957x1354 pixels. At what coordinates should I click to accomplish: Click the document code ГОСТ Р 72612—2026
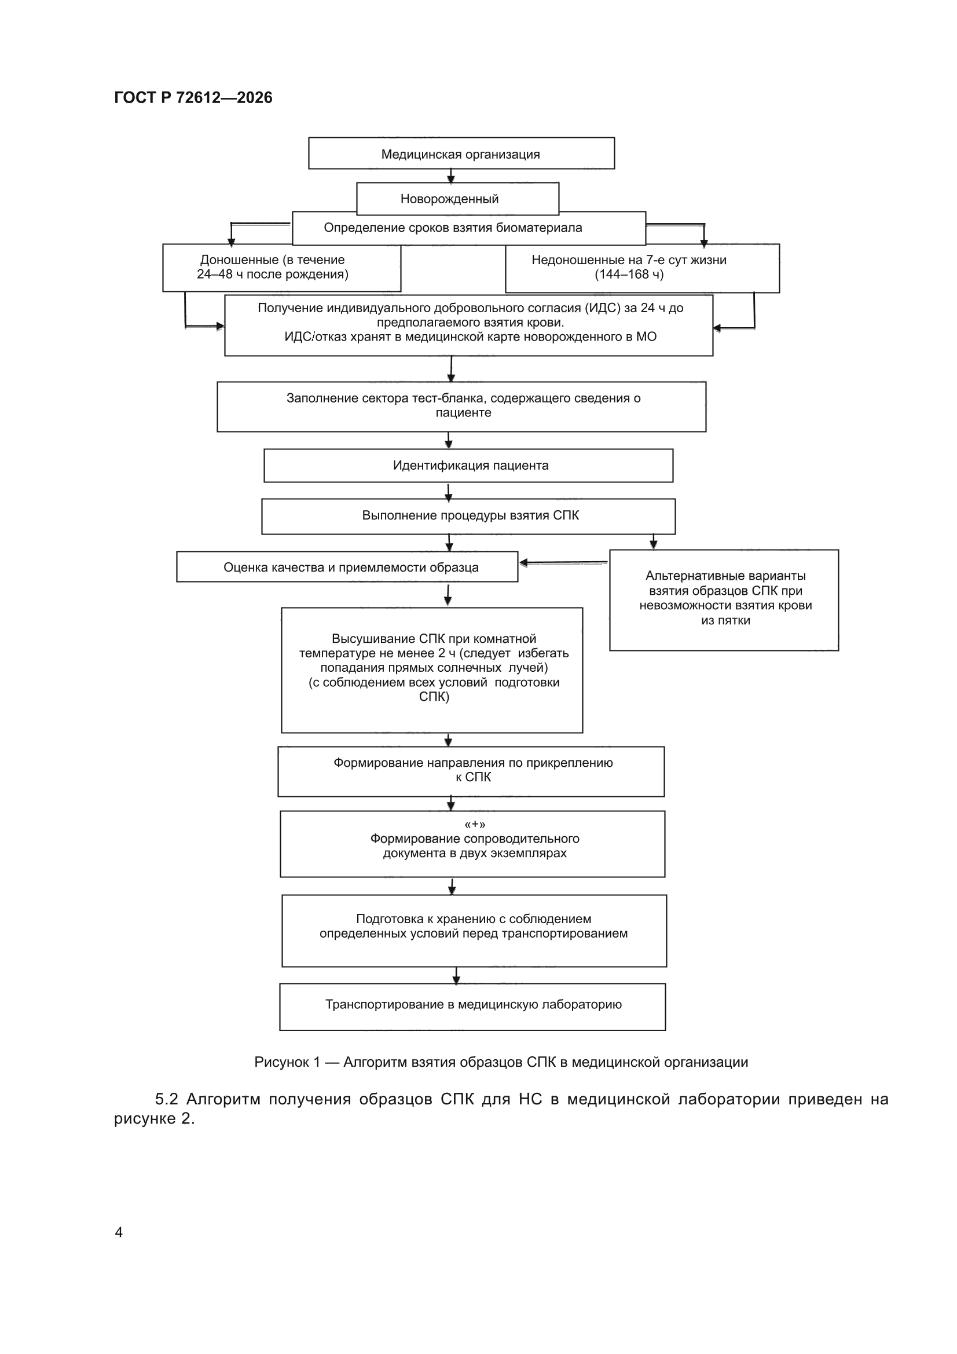(193, 98)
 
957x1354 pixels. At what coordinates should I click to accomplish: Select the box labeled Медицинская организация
(461, 153)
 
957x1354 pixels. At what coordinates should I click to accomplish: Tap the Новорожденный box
(457, 199)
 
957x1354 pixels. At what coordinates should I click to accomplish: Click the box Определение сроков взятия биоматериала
(469, 228)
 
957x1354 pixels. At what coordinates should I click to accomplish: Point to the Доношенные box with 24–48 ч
(282, 268)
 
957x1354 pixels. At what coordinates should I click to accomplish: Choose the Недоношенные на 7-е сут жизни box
(642, 268)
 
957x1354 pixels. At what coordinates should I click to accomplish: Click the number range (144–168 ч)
(629, 275)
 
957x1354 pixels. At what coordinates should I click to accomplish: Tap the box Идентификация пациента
(468, 466)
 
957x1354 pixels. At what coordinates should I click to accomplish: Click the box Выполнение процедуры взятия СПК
(468, 517)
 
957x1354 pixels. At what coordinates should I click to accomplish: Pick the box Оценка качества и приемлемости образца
(347, 567)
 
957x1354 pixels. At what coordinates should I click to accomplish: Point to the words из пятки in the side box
(725, 620)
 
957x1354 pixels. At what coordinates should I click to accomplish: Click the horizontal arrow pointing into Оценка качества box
(564, 563)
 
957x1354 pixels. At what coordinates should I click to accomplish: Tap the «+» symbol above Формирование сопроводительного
(475, 825)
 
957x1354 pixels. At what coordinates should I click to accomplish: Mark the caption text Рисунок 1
(287, 1063)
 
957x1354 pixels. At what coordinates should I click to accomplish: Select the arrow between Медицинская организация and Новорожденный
(451, 176)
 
